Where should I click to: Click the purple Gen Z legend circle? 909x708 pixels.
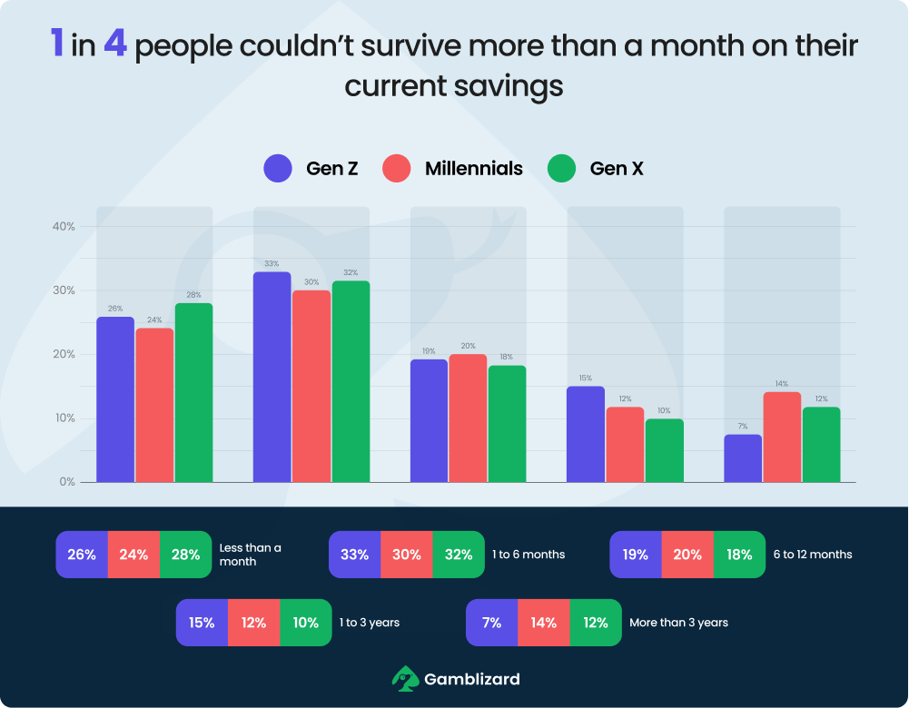tap(278, 168)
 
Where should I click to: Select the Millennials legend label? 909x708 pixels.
tap(473, 168)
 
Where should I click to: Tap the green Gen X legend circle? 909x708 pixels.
tap(562, 168)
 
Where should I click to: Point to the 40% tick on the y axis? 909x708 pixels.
tap(64, 227)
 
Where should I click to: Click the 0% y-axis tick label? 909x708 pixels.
tap(67, 482)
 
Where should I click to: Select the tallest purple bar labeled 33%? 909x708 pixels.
tap(272, 377)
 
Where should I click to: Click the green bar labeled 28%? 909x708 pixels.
tap(193, 392)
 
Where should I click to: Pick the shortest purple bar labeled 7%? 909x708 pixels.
tap(742, 458)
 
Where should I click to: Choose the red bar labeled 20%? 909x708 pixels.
tap(468, 418)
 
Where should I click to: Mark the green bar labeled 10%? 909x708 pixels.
tap(664, 450)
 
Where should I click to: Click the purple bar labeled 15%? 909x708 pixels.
tap(586, 434)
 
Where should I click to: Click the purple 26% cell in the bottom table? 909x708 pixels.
tap(82, 554)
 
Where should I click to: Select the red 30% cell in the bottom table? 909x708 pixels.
tap(406, 554)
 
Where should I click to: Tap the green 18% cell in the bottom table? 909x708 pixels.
tap(739, 554)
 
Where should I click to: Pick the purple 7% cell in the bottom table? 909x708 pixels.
tap(491, 623)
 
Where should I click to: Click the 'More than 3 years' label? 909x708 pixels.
tap(678, 623)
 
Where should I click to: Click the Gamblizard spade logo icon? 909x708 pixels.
tap(405, 678)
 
